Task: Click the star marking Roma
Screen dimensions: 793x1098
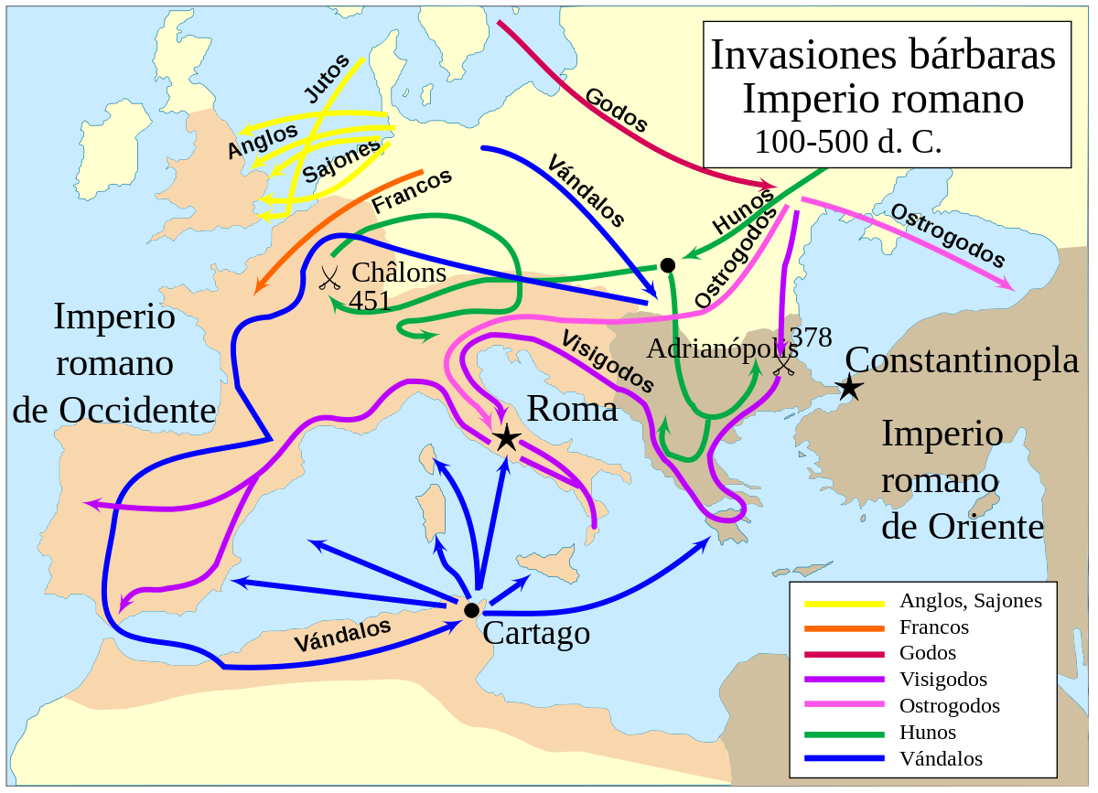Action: click(x=506, y=438)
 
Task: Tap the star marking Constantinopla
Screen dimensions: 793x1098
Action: click(x=850, y=387)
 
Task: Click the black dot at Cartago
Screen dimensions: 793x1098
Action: click(x=471, y=610)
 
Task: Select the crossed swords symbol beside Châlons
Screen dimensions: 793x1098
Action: click(x=329, y=277)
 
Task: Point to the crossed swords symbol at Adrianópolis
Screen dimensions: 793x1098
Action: click(x=784, y=365)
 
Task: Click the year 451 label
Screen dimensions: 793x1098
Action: click(x=371, y=300)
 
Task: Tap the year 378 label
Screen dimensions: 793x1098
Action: click(x=811, y=338)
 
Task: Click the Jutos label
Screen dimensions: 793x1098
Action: click(x=326, y=79)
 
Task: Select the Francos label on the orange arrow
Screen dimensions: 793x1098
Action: click(x=412, y=191)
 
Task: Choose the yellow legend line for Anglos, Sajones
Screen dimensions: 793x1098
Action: click(x=844, y=602)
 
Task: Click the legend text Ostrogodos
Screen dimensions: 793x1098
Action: click(x=949, y=706)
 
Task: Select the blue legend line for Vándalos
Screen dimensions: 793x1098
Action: click(x=844, y=758)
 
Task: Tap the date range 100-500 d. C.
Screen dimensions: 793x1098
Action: click(x=847, y=142)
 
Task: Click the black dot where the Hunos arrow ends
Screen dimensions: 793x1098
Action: click(x=668, y=265)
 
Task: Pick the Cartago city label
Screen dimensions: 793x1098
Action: click(x=536, y=632)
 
